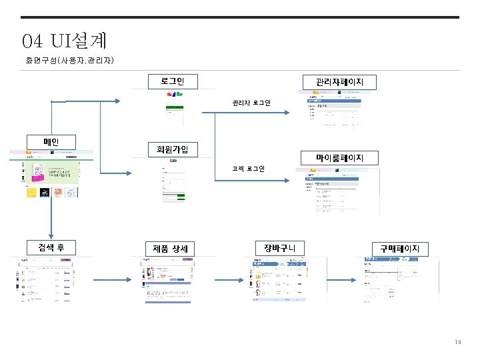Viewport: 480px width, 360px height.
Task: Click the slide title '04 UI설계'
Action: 64,41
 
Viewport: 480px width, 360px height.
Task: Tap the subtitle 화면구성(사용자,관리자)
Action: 70,61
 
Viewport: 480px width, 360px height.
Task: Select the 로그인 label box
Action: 172,81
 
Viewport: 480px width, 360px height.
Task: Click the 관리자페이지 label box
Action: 339,82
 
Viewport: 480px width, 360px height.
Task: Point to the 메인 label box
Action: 51,142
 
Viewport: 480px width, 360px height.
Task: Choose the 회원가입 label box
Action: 172,149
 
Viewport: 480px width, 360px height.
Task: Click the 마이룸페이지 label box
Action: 339,158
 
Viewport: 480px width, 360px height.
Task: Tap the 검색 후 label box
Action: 51,247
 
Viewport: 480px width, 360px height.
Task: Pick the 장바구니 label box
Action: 280,247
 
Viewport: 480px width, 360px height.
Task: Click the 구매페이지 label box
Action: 400,248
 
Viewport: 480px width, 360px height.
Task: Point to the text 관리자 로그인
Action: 251,103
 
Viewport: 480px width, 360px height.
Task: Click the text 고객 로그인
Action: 248,169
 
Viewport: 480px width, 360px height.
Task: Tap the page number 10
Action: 457,343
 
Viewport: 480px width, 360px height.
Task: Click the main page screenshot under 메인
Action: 51,174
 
